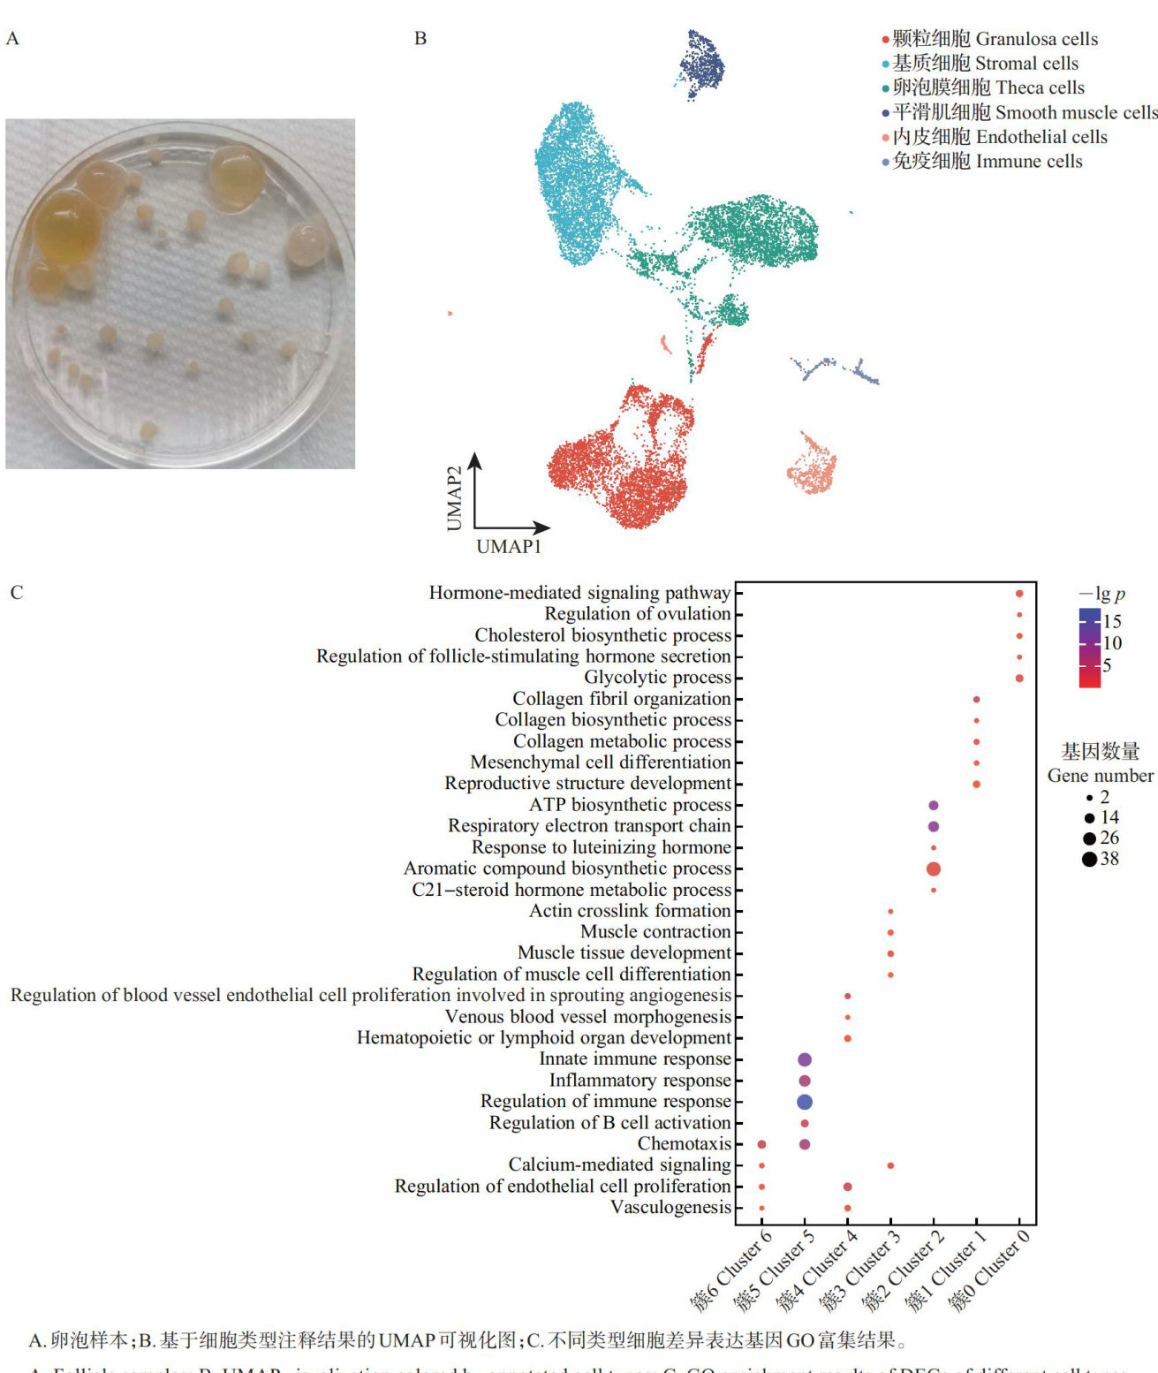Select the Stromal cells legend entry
(x=984, y=64)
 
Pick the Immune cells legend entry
(x=987, y=161)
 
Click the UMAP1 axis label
(x=509, y=546)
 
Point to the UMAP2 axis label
(x=454, y=498)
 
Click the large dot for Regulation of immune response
(x=805, y=1102)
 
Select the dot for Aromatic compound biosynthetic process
(x=934, y=869)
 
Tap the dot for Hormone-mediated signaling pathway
(x=1019, y=594)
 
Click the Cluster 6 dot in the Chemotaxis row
(x=761, y=1144)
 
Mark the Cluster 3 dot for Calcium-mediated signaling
(x=890, y=1165)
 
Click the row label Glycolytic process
(x=657, y=678)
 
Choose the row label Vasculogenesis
(x=670, y=1207)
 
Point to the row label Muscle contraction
(x=655, y=931)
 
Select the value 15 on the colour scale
(x=1112, y=621)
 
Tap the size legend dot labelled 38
(x=1089, y=859)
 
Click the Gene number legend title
(x=1100, y=776)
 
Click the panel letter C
(x=16, y=592)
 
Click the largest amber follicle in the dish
(x=67, y=228)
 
